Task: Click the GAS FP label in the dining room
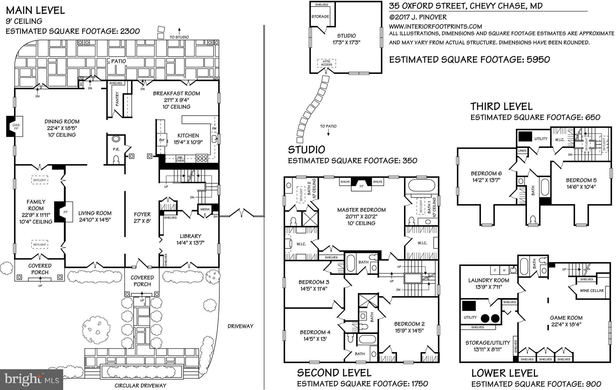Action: pyautogui.click(x=14, y=126)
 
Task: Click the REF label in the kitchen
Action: pyautogui.click(x=162, y=140)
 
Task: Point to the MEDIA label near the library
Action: pyautogui.click(x=205, y=209)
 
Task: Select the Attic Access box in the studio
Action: pyautogui.click(x=326, y=63)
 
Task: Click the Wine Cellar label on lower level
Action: pyautogui.click(x=592, y=291)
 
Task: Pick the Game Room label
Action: pyautogui.click(x=566, y=318)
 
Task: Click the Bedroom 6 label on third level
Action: pyautogui.click(x=486, y=173)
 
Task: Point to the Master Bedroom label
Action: pyautogui.click(x=361, y=210)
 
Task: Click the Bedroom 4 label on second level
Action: pyautogui.click(x=315, y=332)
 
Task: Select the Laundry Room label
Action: pyautogui.click(x=488, y=280)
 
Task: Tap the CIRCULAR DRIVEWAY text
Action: pyautogui.click(x=140, y=385)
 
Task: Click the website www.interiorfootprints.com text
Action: pyautogui.click(x=436, y=27)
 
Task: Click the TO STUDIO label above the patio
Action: pyautogui.click(x=179, y=37)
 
